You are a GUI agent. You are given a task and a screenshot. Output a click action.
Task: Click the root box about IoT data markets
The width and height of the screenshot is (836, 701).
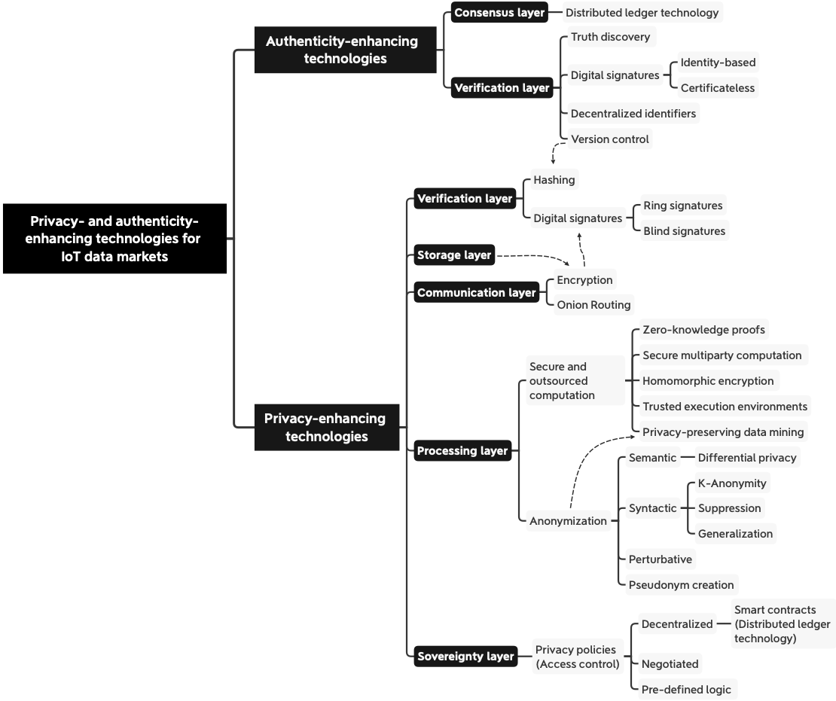[114, 238]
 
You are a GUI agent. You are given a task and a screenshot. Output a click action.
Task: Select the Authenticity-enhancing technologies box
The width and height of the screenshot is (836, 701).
[345, 50]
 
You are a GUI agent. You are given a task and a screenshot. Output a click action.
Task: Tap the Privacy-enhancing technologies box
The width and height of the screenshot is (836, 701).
[326, 427]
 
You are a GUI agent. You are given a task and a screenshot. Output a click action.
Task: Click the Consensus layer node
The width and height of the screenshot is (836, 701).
[499, 12]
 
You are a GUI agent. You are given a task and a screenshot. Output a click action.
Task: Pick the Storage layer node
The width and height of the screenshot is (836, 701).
[454, 254]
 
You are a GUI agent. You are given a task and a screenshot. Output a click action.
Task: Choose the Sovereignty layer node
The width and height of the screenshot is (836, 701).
[465, 657]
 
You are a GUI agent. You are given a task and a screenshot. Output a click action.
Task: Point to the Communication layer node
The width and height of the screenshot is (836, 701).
[477, 292]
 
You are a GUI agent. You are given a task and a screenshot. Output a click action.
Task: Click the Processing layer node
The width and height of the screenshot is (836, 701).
[462, 450]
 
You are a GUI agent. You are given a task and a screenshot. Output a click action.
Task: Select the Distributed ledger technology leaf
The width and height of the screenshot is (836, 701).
[642, 12]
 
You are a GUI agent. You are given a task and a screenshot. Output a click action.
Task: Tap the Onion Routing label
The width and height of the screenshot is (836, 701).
[593, 304]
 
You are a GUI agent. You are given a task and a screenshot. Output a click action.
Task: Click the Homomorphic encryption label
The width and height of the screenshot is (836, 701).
[708, 381]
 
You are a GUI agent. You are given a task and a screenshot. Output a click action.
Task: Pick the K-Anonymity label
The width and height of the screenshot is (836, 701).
[732, 483]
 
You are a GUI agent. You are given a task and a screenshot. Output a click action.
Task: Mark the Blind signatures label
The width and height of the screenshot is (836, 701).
[684, 231]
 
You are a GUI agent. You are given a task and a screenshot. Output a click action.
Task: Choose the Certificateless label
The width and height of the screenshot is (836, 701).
[718, 88]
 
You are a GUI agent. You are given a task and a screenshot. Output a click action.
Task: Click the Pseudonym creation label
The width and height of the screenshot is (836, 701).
[681, 585]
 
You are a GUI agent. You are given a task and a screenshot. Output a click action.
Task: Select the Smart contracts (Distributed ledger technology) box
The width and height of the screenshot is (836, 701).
[783, 623]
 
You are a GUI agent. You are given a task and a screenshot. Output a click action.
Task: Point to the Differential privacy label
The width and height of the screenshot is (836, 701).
[747, 457]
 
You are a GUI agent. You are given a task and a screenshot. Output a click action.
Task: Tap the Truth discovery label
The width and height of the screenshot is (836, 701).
[611, 37]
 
